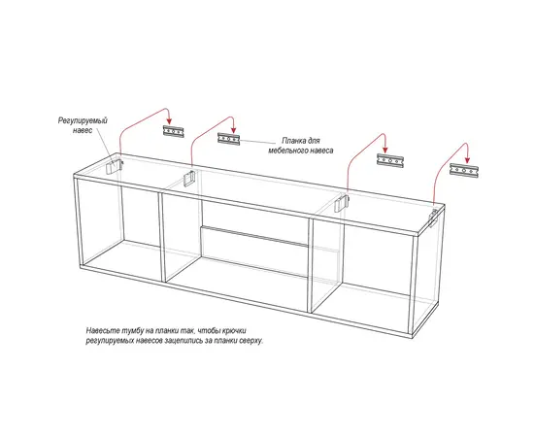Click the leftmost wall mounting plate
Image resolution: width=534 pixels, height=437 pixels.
(174, 131)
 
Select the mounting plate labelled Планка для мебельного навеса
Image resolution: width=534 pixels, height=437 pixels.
(229, 139)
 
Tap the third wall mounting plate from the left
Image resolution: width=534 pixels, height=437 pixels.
(390, 160)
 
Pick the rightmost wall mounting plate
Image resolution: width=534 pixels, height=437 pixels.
(464, 170)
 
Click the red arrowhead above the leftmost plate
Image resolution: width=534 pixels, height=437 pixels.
(169, 121)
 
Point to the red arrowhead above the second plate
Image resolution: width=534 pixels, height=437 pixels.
(234, 129)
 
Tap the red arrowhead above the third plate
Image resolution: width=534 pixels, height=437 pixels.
(385, 150)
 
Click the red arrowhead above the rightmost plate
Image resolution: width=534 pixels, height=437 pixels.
(468, 159)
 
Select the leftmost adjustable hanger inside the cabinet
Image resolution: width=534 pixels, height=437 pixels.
(114, 167)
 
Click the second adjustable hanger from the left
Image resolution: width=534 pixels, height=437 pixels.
(189, 178)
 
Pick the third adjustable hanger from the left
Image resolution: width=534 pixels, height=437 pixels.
(341, 203)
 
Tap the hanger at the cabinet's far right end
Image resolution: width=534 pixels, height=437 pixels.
(433, 218)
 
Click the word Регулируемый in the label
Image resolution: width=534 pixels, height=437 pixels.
(83, 120)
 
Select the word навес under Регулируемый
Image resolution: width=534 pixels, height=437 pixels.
(83, 130)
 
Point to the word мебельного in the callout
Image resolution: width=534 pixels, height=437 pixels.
(286, 151)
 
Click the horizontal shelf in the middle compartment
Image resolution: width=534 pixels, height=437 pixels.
(254, 235)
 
